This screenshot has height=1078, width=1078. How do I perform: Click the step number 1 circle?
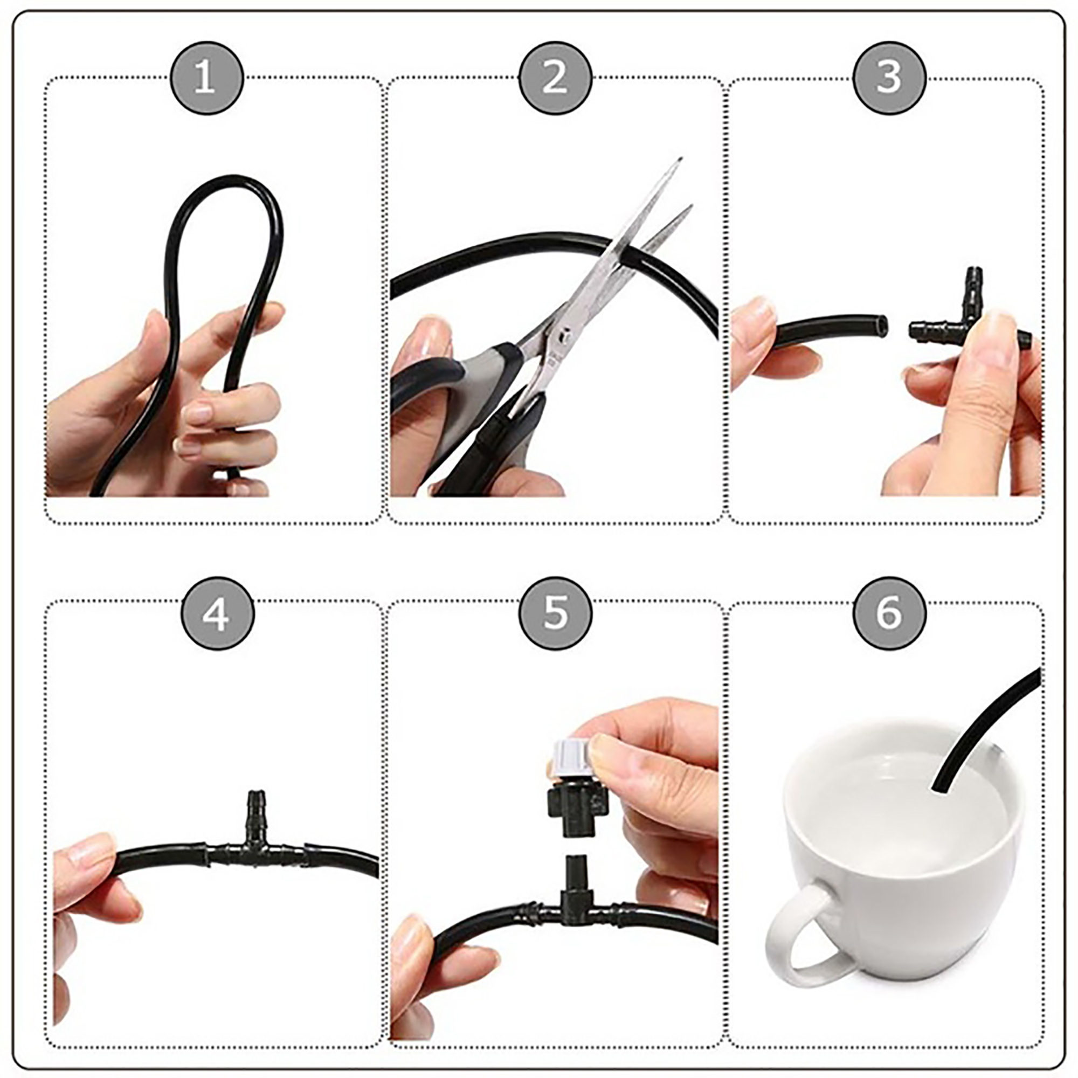point(206,78)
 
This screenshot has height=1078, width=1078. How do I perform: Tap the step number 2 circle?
point(555,78)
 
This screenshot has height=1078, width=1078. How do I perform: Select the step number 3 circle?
point(889,78)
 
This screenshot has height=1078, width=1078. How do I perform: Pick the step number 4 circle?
point(218,614)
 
